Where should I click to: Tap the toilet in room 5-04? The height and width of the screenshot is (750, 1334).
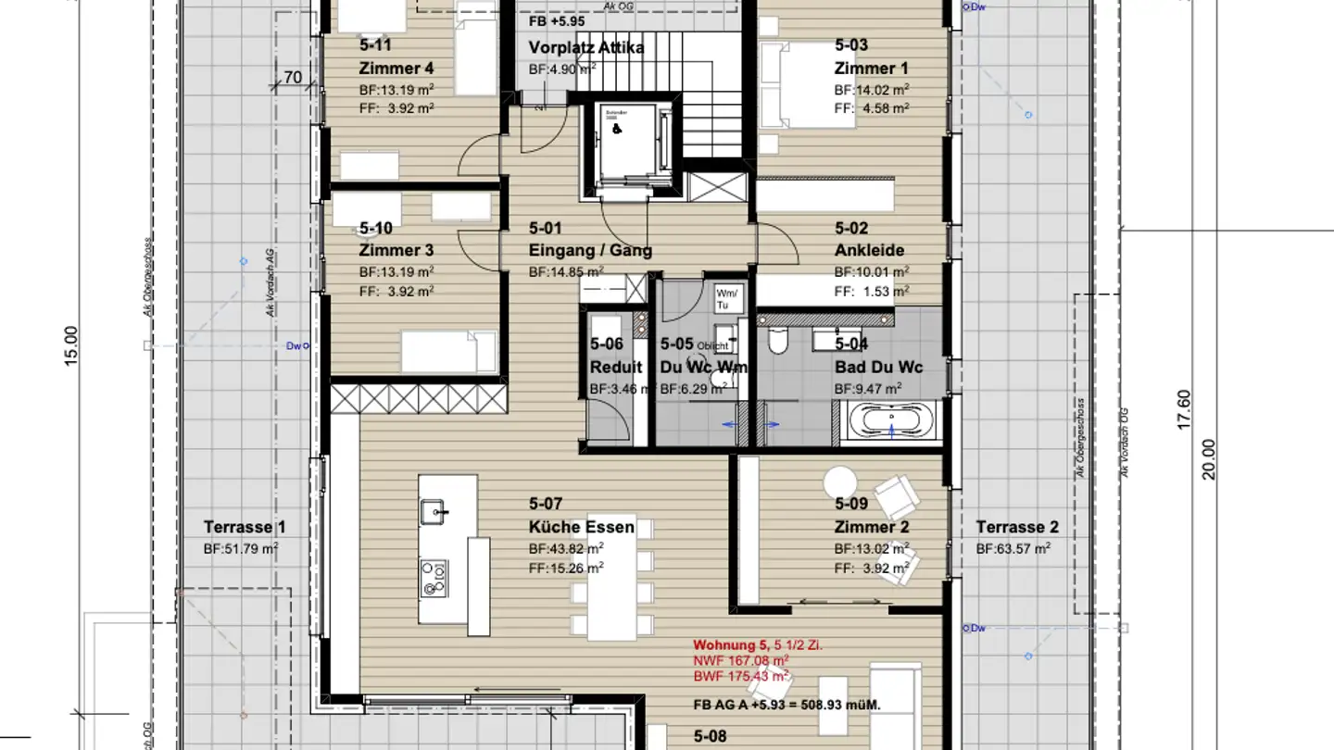[778, 344]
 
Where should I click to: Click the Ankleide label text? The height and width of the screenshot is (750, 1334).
[869, 250]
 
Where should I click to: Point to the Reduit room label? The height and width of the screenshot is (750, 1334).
[616, 368]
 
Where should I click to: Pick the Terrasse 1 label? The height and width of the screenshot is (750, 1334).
[245, 528]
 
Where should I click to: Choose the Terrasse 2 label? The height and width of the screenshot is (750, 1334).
[1016, 528]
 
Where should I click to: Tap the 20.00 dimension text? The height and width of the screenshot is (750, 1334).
[1208, 457]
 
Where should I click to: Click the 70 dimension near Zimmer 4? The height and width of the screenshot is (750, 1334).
[293, 78]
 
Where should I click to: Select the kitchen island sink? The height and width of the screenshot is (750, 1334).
[434, 508]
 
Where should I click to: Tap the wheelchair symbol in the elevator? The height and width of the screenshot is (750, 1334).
[617, 131]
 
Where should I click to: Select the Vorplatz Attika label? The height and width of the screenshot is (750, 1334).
[586, 48]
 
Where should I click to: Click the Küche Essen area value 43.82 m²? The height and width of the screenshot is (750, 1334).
[566, 548]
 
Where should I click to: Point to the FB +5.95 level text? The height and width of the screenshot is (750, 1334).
[555, 19]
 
